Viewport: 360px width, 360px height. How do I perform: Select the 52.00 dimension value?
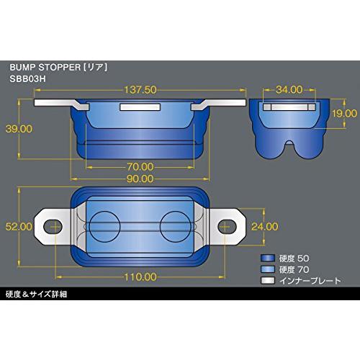tap(19, 226)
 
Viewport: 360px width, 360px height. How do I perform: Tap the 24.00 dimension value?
tap(264, 225)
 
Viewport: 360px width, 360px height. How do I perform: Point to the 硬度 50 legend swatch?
tap(268, 257)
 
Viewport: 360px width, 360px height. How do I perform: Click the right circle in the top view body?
tap(173, 225)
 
